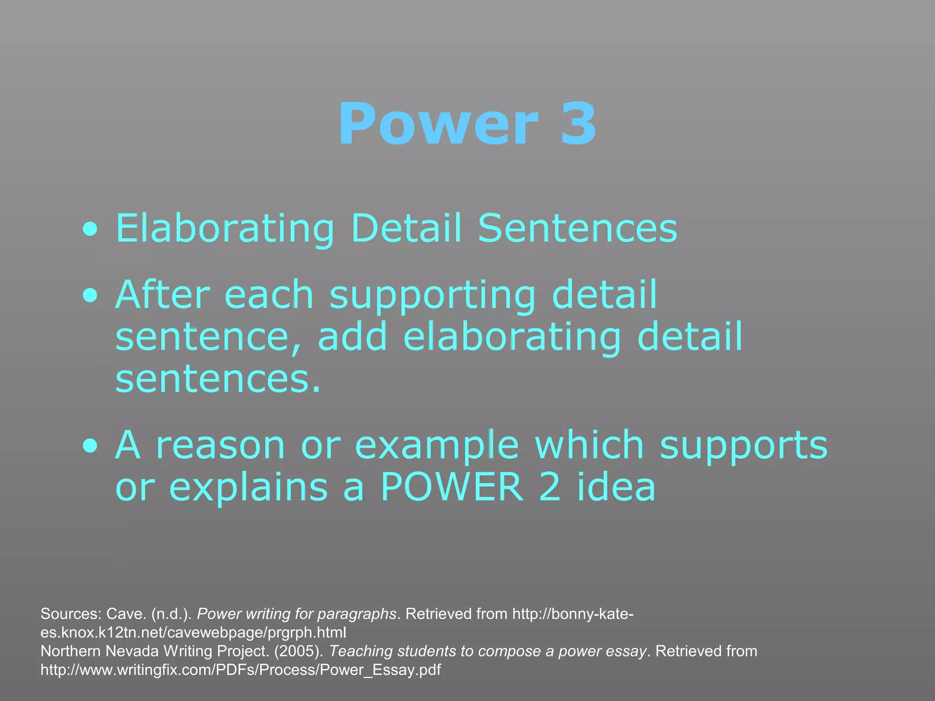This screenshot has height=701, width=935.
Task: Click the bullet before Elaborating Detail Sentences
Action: coord(90,230)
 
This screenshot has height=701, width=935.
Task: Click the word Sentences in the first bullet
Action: coord(577,228)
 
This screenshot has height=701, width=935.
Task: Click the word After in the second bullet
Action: coord(163,295)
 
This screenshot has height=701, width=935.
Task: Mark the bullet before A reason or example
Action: coord(90,446)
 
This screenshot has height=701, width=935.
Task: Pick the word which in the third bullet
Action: coord(589,445)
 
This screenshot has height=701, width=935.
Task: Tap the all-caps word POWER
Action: coord(452,487)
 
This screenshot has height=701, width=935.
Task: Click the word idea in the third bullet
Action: coord(616,487)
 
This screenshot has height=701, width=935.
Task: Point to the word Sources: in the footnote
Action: coord(70,614)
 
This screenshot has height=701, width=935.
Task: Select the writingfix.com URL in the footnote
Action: coord(241,670)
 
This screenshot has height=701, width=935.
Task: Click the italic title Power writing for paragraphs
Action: coord(296,614)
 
